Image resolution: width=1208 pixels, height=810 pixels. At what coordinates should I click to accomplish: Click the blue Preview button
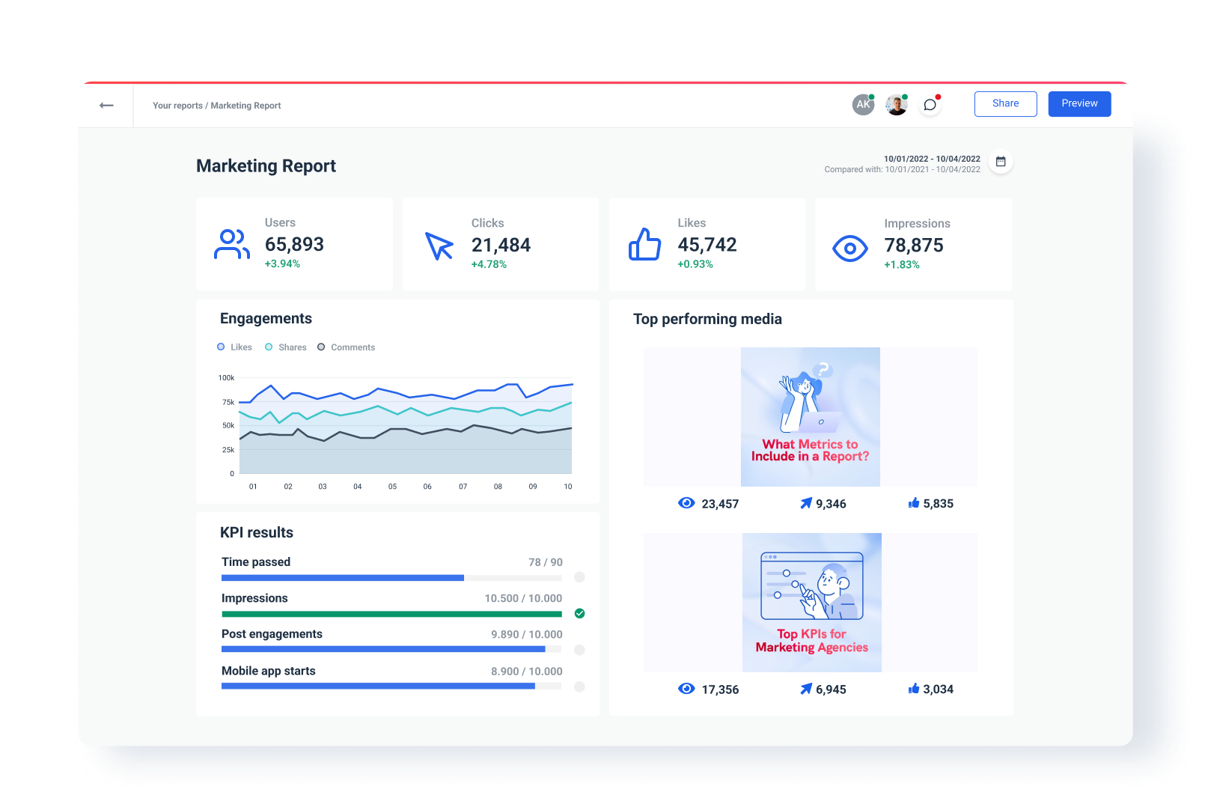point(1079,104)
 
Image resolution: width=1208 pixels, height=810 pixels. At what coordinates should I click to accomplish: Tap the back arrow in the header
point(106,106)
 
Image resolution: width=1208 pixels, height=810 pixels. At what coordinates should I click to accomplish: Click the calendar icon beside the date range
point(1001,162)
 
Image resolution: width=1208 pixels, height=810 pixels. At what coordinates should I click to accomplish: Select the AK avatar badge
point(863,105)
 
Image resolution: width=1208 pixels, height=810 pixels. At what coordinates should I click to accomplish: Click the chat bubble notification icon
point(930,105)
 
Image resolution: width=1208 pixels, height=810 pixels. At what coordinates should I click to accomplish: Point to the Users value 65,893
point(294,245)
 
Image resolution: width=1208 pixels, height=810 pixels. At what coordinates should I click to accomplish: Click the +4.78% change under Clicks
point(489,264)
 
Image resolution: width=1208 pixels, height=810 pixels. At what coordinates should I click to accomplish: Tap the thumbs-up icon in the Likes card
point(644,245)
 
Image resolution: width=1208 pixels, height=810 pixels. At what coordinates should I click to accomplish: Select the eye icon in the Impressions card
point(850,248)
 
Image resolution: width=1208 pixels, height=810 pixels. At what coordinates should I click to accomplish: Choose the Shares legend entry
point(286,347)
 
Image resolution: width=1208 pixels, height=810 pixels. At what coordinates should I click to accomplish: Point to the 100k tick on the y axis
point(226,378)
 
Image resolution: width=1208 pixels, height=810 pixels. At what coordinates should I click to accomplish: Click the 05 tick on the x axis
point(392,487)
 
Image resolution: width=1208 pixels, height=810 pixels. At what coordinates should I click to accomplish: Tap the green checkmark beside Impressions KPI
point(579,614)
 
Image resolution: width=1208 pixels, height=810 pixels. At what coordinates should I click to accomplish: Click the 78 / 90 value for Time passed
point(545,562)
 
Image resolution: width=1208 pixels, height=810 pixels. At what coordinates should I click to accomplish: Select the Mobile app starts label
point(269,672)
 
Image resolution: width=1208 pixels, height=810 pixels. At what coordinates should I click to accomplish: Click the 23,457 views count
point(719,504)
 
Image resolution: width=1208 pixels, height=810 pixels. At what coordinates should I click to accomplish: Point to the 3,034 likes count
point(937,689)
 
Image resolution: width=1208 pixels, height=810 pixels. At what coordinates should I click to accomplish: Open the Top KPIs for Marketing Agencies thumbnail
point(811,603)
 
